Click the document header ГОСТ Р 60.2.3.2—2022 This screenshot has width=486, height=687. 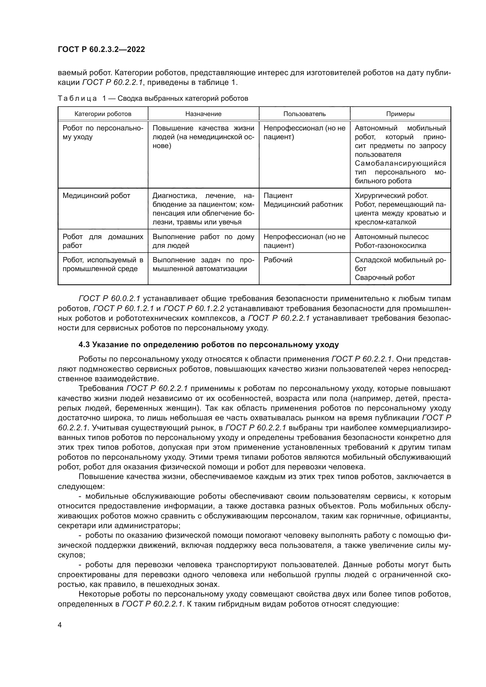pos(101,50)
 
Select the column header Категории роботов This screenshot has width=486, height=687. pos(103,114)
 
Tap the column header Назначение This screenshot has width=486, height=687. pos(203,114)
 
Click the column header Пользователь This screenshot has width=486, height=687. pos(304,114)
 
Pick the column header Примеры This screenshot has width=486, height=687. pos(400,114)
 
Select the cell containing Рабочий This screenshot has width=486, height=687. pos(278,260)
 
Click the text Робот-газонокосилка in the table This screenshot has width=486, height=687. pos(390,246)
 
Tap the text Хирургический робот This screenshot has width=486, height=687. pos(391,196)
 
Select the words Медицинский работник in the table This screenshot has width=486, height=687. pos(303,205)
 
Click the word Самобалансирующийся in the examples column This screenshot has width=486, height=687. pos(400,163)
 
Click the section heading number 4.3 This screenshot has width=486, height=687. pos(84,345)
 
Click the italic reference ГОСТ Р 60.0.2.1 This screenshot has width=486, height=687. pos(109,299)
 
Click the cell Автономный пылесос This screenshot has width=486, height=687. pos(391,237)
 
